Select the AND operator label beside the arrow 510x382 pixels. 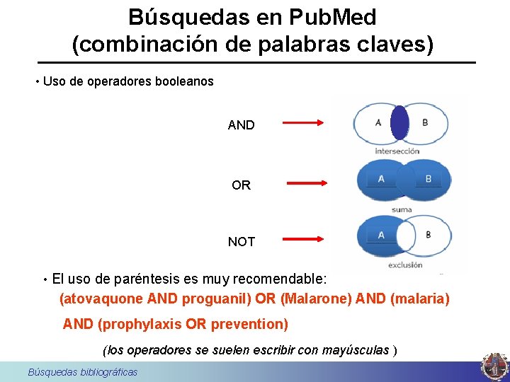pyautogui.click(x=241, y=125)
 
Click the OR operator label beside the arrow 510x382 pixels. pyautogui.click(x=241, y=185)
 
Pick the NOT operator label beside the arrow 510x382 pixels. pyautogui.click(x=241, y=242)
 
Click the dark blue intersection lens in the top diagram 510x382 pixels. pyautogui.click(x=399, y=122)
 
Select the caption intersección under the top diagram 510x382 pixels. pyautogui.click(x=397, y=151)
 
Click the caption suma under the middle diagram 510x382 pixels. pyautogui.click(x=402, y=209)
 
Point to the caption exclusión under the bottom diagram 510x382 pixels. pyautogui.click(x=404, y=265)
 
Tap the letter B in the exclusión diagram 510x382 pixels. pyautogui.click(x=427, y=235)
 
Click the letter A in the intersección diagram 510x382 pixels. pyautogui.click(x=378, y=122)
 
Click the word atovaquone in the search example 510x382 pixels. pyautogui.click(x=103, y=299)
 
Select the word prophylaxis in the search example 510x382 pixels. pyautogui.click(x=142, y=325)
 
